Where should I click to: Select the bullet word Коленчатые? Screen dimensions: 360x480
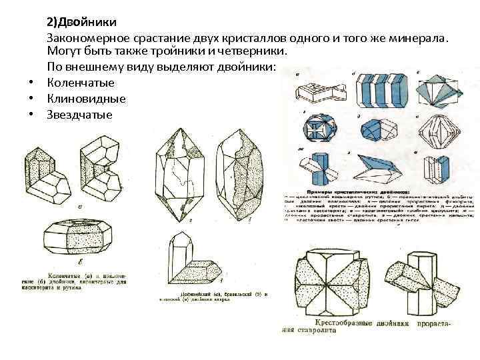[x=81, y=83]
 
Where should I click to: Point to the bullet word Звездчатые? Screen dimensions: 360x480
[x=80, y=115]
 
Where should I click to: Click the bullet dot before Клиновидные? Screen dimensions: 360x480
[x=31, y=99]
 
